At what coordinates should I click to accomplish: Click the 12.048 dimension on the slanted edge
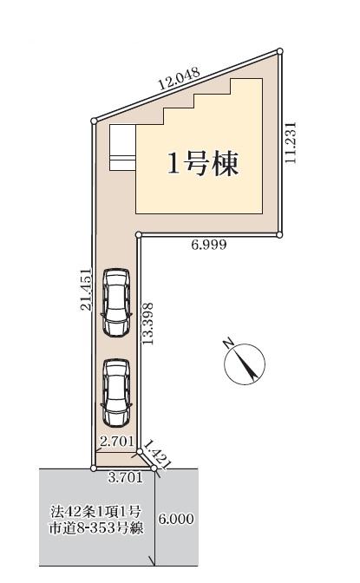click(180, 78)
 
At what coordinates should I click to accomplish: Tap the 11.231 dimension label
click(291, 142)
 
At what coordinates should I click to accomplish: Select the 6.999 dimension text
click(209, 245)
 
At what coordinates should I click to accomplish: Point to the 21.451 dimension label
click(87, 289)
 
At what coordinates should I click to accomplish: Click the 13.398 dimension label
click(147, 324)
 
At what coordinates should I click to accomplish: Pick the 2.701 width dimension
click(117, 442)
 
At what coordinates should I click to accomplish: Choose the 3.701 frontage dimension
click(125, 477)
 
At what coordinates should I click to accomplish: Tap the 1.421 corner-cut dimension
click(157, 455)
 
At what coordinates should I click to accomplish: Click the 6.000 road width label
click(176, 519)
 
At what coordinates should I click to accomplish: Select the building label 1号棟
click(203, 164)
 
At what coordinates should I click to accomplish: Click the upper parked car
click(116, 302)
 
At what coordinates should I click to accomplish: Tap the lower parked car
click(116, 392)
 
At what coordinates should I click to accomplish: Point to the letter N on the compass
click(228, 343)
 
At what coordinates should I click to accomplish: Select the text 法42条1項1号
click(96, 512)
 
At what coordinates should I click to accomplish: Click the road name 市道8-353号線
click(96, 527)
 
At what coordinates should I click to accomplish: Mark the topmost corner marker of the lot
click(280, 51)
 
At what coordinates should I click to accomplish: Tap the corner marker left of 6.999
click(138, 234)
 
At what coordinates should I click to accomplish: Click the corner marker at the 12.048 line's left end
click(94, 121)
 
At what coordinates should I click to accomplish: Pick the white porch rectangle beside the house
click(122, 147)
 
